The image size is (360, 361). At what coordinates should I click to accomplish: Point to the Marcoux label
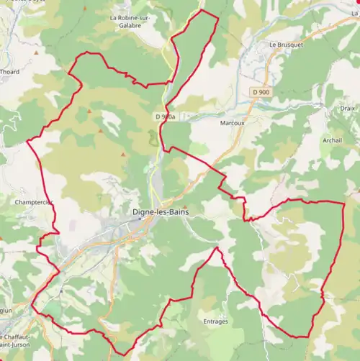(x=232, y=123)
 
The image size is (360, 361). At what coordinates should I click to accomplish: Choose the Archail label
(x=333, y=140)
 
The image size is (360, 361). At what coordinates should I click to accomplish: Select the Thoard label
(x=10, y=72)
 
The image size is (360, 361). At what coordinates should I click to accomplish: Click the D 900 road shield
(x=262, y=93)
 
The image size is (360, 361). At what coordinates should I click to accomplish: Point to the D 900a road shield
(x=165, y=116)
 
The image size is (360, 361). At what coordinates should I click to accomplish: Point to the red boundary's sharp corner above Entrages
(x=216, y=248)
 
